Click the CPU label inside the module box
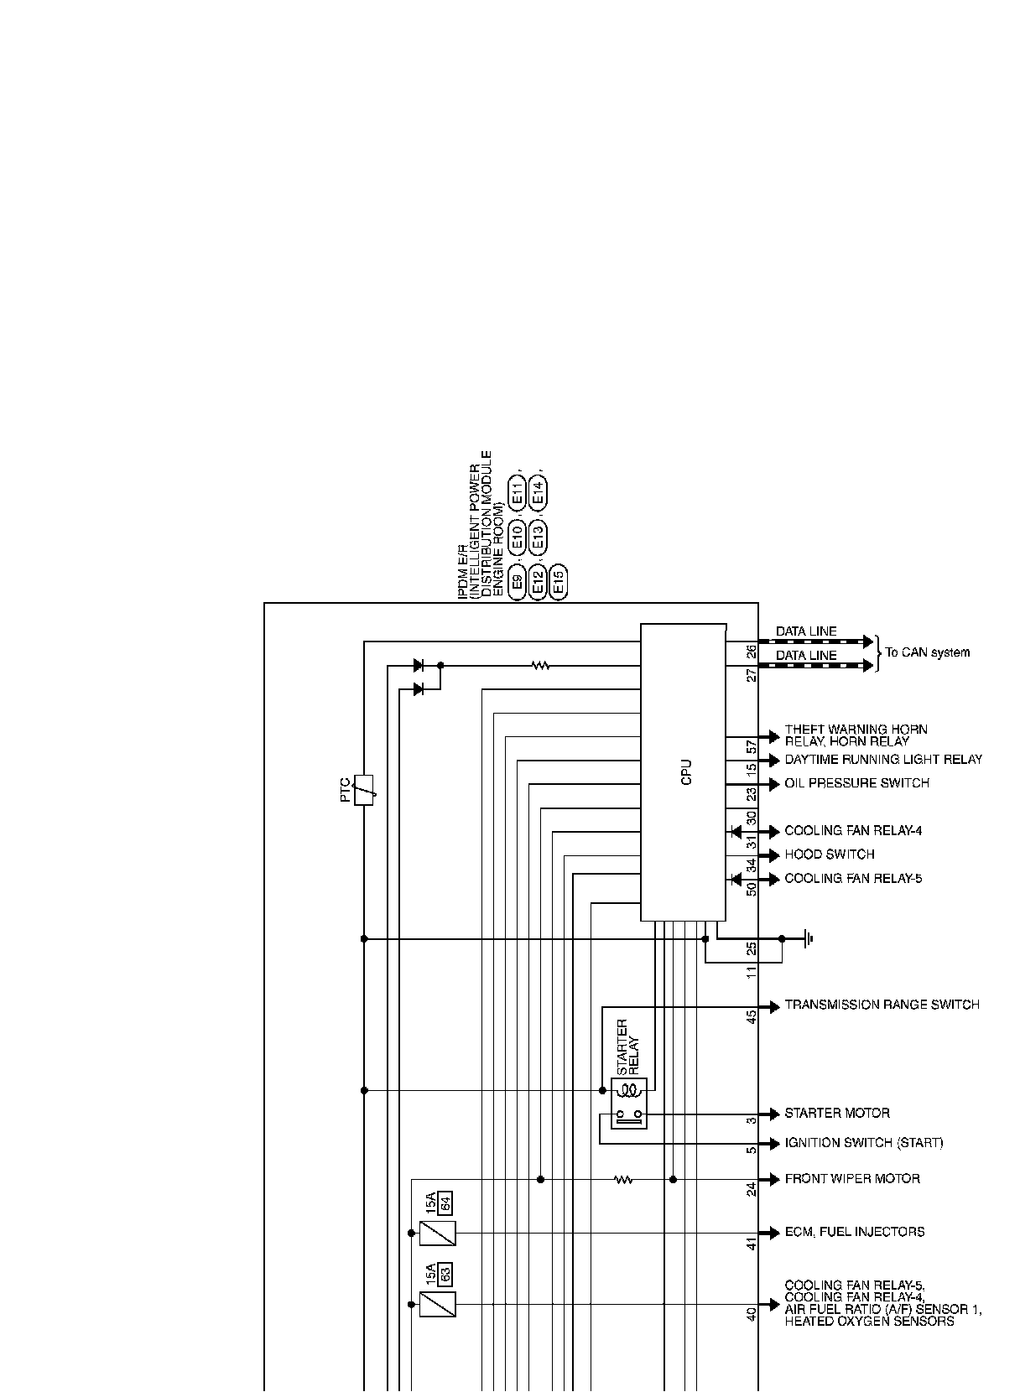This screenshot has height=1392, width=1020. click(687, 772)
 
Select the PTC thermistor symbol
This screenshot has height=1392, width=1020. click(364, 790)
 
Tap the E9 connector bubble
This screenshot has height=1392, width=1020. click(517, 581)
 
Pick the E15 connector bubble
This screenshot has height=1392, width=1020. click(559, 581)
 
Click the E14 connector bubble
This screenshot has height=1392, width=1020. click(539, 491)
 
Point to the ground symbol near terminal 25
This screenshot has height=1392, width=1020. click(807, 938)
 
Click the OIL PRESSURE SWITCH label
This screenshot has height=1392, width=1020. click(856, 783)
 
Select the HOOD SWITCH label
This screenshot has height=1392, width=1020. click(829, 854)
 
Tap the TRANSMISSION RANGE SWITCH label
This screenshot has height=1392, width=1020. click(882, 1005)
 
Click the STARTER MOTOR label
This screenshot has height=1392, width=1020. click(836, 1114)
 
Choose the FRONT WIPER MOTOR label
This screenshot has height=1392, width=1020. click(851, 1179)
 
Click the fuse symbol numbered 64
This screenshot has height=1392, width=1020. click(437, 1233)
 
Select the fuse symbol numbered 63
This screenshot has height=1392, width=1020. click(437, 1304)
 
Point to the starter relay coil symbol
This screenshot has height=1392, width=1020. click(629, 1091)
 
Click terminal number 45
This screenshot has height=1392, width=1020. click(752, 1015)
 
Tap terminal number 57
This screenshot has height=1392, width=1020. click(752, 744)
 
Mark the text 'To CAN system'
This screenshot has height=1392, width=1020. click(927, 652)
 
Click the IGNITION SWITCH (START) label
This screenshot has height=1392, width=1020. click(863, 1143)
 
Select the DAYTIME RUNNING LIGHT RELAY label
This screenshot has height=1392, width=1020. click(882, 760)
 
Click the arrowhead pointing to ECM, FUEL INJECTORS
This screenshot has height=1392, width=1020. click(772, 1233)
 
